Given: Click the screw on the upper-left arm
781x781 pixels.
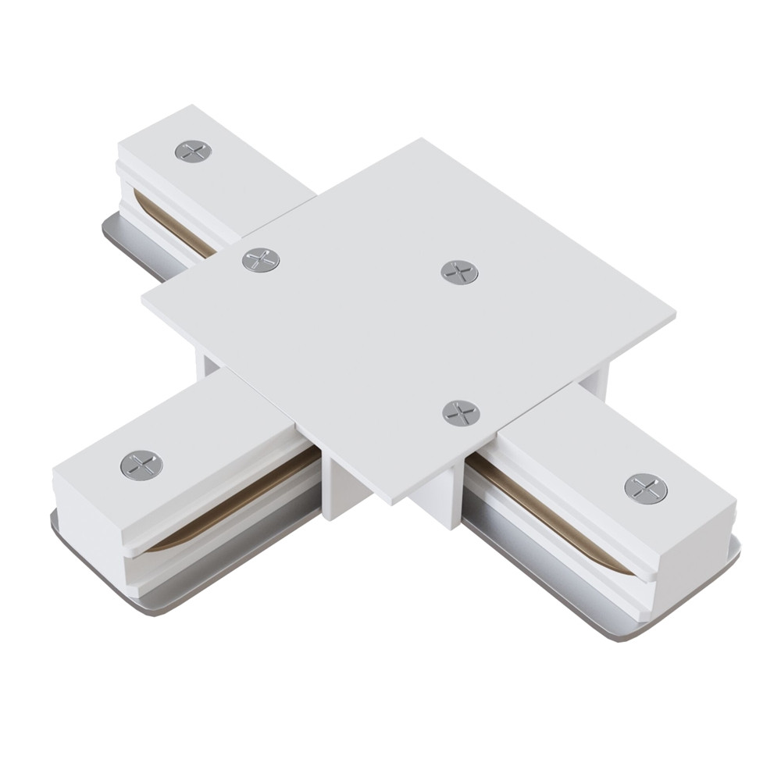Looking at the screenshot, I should (x=193, y=152).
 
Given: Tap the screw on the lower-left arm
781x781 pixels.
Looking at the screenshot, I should (x=141, y=465).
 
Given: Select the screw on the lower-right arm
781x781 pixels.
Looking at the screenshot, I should (x=646, y=488).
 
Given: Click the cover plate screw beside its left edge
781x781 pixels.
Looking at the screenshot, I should (x=261, y=260).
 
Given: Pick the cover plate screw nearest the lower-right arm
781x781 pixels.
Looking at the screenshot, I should (x=461, y=412).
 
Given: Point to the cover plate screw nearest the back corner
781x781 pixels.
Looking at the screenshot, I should (x=459, y=272).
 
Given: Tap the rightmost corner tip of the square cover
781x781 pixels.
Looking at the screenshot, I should (x=673, y=316).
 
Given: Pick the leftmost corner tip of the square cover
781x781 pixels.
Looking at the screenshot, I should (x=144, y=298).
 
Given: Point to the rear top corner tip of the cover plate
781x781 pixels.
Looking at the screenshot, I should (x=423, y=141).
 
